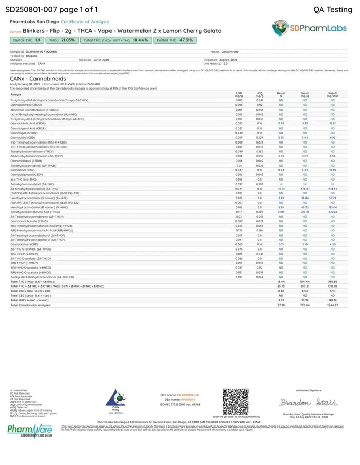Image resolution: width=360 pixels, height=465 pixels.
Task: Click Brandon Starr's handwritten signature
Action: (x=307, y=402)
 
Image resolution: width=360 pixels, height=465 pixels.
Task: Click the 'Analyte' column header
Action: (x=15, y=94)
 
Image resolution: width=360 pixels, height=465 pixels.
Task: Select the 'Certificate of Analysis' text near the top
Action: (x=85, y=22)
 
